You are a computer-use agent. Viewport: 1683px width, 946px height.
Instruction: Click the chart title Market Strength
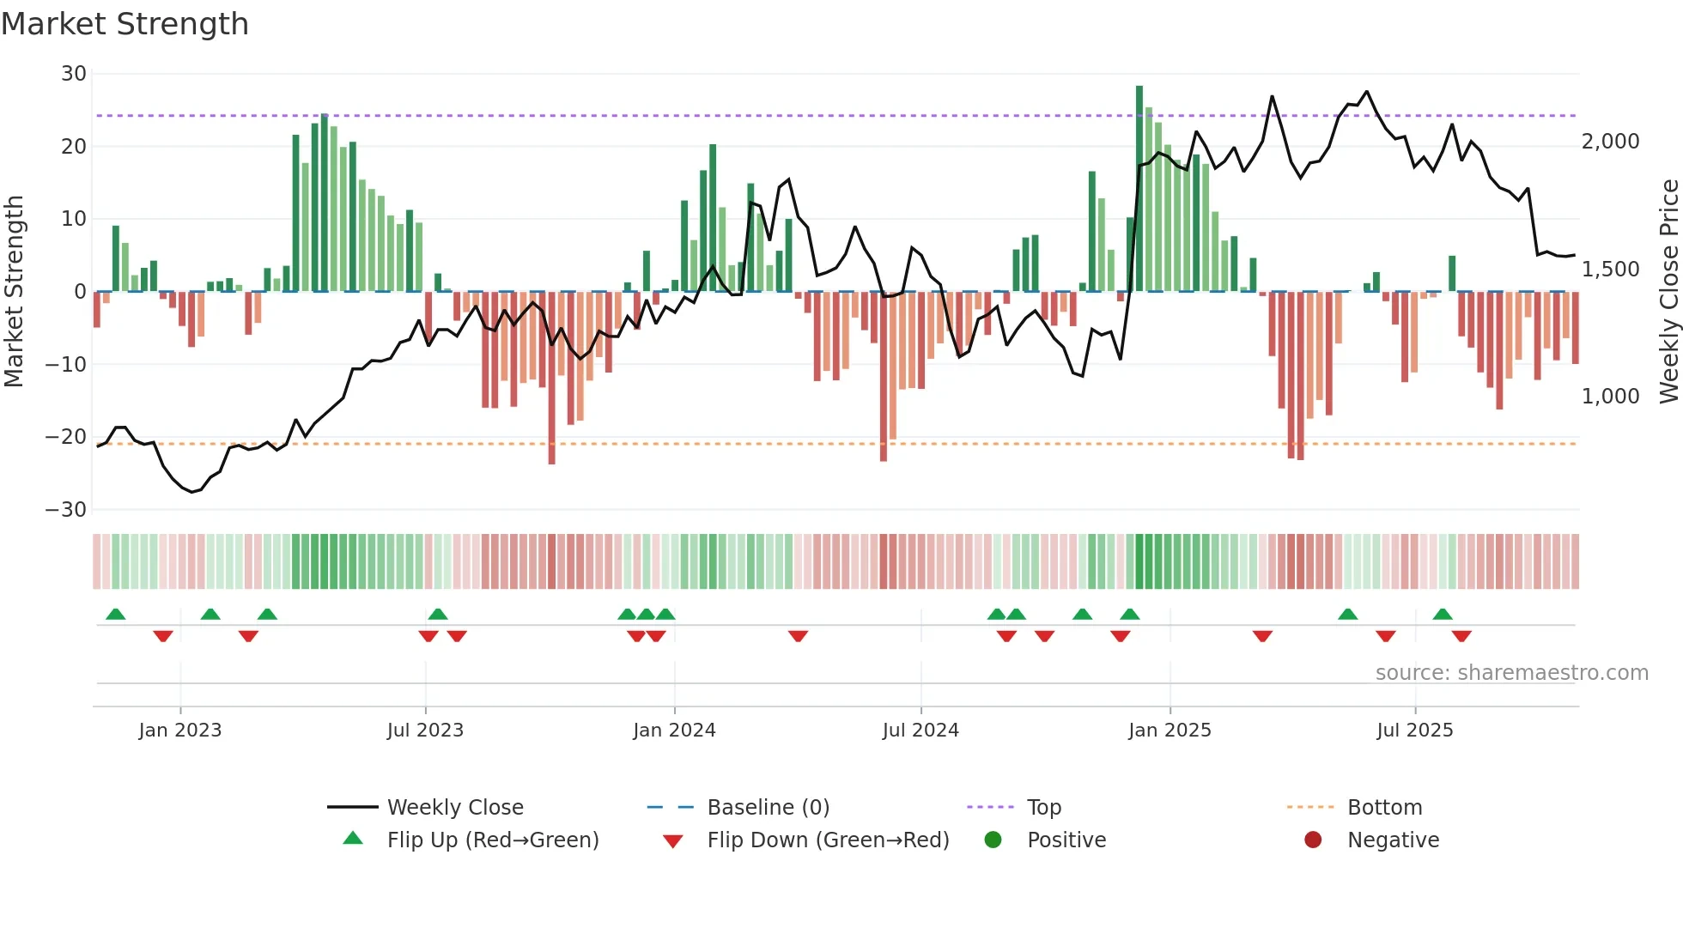point(125,24)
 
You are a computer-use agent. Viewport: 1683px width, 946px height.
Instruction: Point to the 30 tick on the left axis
point(74,74)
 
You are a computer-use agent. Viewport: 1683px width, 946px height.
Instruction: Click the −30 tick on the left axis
point(66,510)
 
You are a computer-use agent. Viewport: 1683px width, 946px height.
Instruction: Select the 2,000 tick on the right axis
point(1610,142)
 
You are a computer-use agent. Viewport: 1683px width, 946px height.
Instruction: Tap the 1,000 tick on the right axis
point(1610,397)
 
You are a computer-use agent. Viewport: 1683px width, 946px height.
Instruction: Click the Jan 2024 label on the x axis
point(674,731)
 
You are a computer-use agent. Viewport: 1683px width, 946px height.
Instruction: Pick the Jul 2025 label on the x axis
point(1414,731)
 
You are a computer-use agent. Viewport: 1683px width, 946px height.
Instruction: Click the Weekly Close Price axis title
point(1668,292)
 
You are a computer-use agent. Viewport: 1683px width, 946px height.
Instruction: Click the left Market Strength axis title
point(14,292)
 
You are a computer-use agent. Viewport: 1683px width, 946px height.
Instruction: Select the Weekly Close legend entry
point(454,808)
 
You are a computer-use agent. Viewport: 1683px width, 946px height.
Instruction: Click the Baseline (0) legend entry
point(768,808)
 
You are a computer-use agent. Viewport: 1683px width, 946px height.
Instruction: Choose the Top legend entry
point(1043,808)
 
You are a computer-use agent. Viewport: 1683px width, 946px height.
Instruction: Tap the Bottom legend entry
point(1384,808)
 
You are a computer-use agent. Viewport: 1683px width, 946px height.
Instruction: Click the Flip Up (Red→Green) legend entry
point(492,840)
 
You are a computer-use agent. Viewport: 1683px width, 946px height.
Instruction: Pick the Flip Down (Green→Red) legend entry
point(828,840)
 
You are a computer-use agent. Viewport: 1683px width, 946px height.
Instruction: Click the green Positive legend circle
point(993,840)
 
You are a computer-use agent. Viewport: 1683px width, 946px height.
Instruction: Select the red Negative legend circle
point(1313,840)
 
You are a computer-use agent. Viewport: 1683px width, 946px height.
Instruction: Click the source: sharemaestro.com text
point(1511,673)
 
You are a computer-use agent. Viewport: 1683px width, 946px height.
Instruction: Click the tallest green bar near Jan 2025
point(1139,189)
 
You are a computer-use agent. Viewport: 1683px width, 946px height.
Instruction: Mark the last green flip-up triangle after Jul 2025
point(1443,615)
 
